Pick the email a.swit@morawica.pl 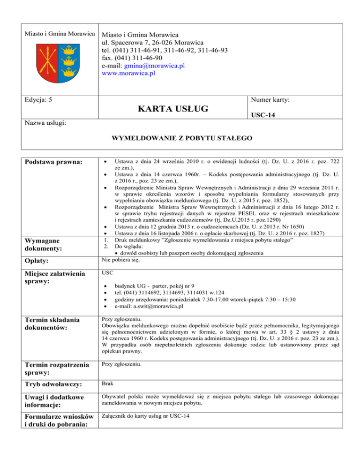[x=143, y=307]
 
